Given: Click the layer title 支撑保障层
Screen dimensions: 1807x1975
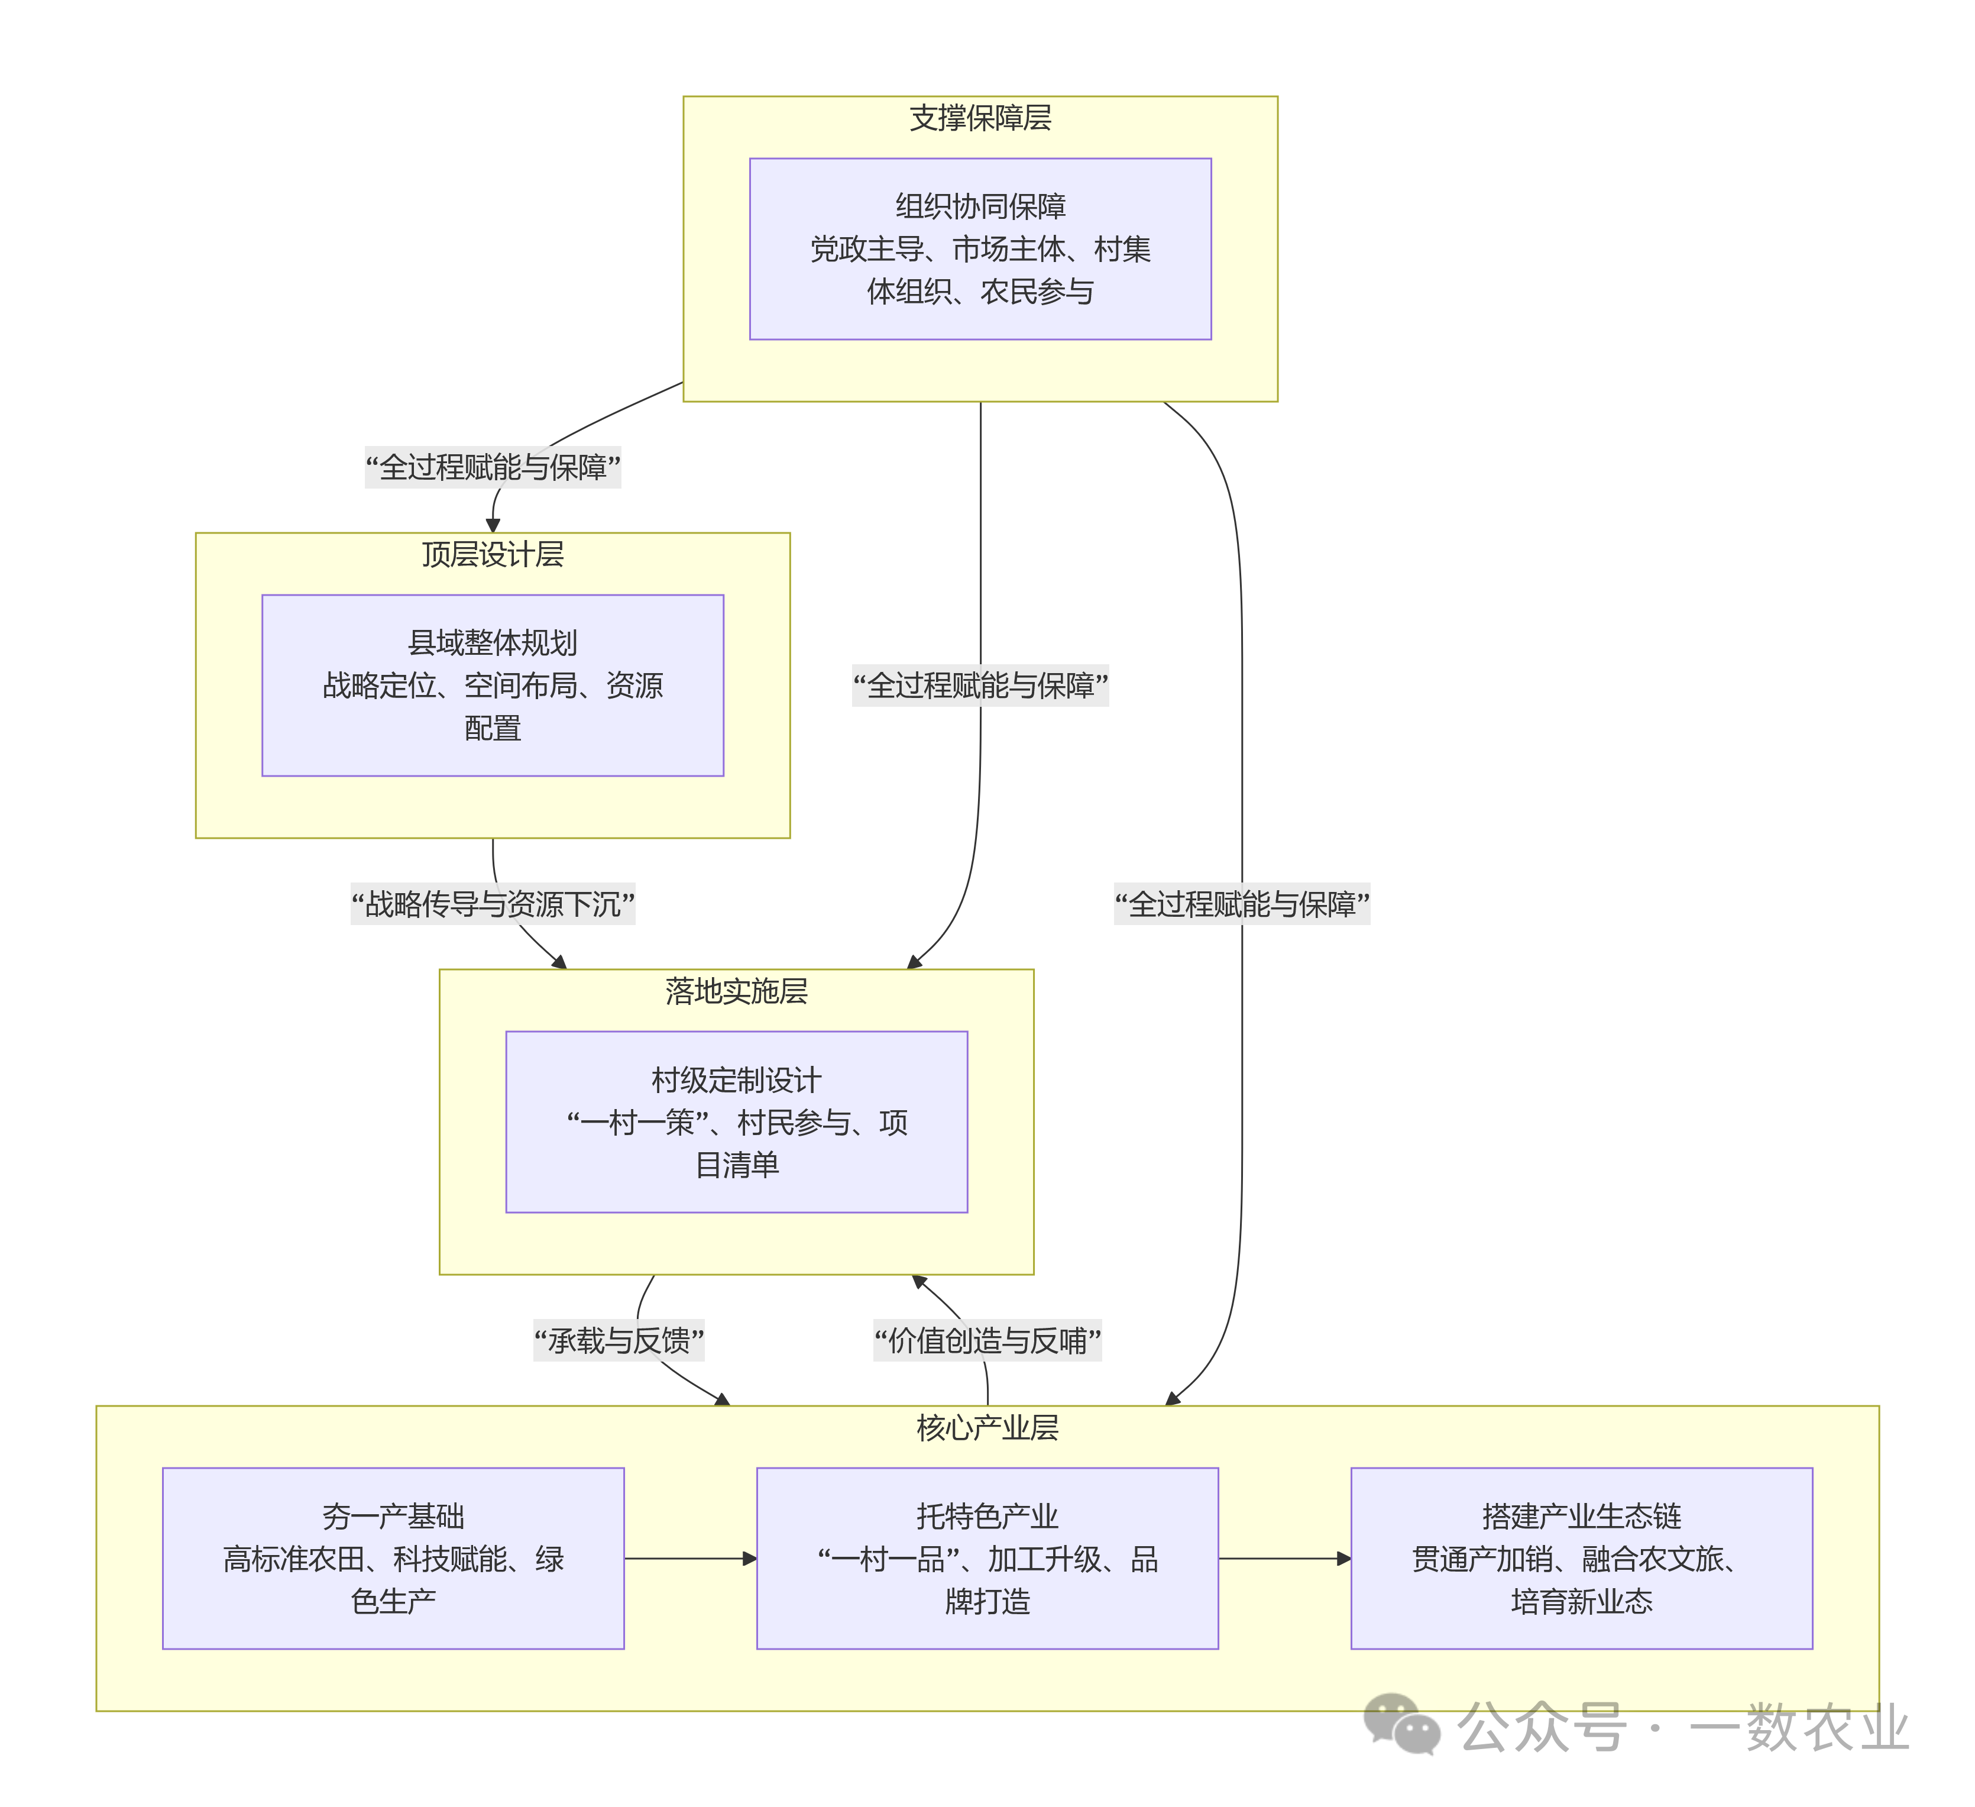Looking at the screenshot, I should pyautogui.click(x=980, y=118).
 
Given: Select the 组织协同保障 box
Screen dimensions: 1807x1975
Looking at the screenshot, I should pyautogui.click(x=980, y=249).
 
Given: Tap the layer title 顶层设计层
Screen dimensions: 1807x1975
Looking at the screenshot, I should pyautogui.click(x=493, y=555).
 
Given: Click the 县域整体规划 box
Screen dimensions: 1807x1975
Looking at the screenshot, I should pyautogui.click(x=493, y=685).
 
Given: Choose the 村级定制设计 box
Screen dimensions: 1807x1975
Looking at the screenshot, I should pyautogui.click(x=737, y=1122).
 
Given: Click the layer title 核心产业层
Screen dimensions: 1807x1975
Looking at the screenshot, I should pyautogui.click(x=987, y=1428).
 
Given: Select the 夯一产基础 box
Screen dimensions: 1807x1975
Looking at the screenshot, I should pyautogui.click(x=393, y=1558).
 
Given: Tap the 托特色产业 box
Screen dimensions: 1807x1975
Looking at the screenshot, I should pyautogui.click(x=987, y=1558).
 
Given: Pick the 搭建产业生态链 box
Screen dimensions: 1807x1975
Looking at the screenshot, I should pyautogui.click(x=1581, y=1558).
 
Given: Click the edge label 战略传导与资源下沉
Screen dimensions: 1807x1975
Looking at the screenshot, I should pyautogui.click(x=493, y=904).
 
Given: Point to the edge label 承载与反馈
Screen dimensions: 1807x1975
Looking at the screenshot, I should pyautogui.click(x=618, y=1340).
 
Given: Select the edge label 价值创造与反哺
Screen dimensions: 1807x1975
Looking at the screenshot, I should pyautogui.click(x=987, y=1340).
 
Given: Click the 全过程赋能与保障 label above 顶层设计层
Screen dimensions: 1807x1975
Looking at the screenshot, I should pyautogui.click(x=493, y=467).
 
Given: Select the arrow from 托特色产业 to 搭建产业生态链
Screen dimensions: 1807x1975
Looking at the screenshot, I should pyautogui.click(x=1284, y=1558).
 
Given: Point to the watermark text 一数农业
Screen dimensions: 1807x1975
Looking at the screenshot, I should pyautogui.click(x=1799, y=1727).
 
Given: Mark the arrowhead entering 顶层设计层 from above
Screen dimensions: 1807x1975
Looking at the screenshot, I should pyautogui.click(x=493, y=525).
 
